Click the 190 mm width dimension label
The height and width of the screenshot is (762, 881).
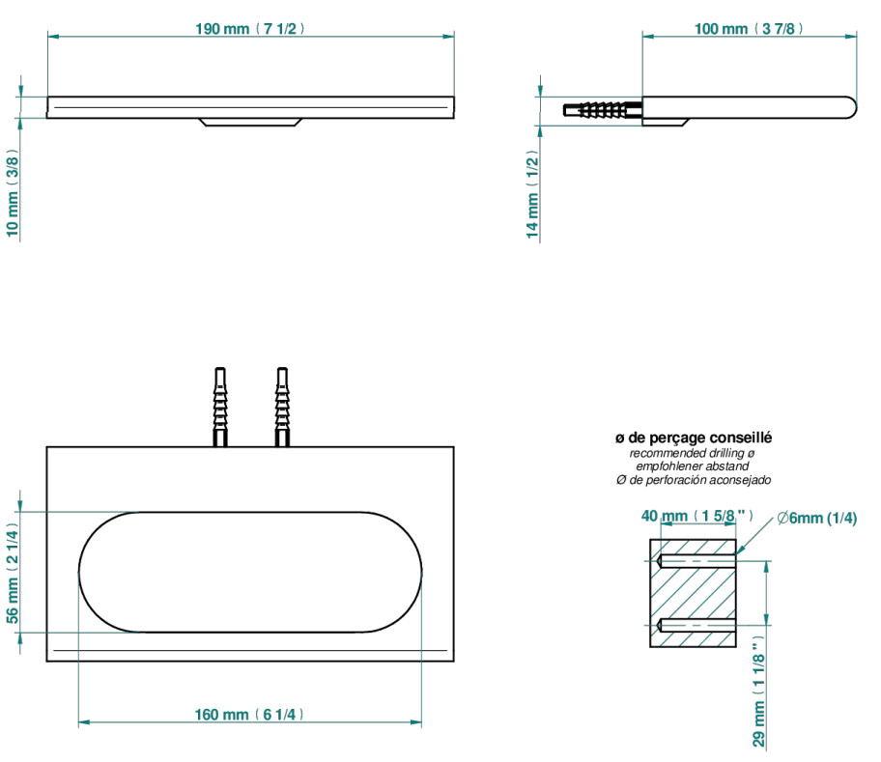coord(250,29)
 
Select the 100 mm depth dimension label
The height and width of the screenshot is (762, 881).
coord(749,29)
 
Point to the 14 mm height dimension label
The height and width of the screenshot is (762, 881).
coord(532,194)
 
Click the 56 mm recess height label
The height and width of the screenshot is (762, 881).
coord(13,573)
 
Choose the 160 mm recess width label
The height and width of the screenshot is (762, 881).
coord(249,715)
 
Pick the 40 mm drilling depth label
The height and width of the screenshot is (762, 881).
coord(697,516)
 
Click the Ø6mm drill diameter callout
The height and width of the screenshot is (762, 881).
coord(817,518)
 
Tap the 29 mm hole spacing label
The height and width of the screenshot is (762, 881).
coord(759,691)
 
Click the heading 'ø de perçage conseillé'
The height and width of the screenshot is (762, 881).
coord(694,437)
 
